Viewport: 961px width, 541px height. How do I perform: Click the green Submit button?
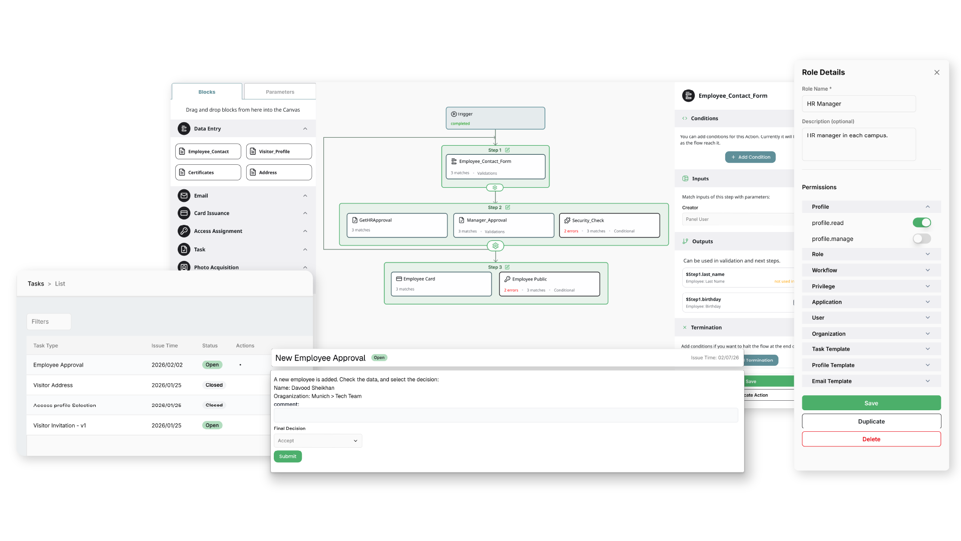(287, 456)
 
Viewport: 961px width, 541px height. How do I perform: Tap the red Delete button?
(871, 439)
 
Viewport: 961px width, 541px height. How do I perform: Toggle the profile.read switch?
(921, 223)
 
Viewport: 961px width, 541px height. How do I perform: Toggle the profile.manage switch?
(921, 239)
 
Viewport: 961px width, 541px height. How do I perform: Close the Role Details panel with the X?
(936, 73)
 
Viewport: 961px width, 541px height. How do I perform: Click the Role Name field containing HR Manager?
(858, 104)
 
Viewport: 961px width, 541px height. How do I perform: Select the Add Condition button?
(750, 157)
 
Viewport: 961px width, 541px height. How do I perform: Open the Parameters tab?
(280, 92)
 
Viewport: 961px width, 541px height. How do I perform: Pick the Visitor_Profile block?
(279, 151)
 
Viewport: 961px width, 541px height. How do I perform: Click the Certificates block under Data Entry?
(208, 172)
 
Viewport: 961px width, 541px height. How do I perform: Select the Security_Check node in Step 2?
(609, 225)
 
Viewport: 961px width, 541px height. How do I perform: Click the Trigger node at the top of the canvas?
(495, 118)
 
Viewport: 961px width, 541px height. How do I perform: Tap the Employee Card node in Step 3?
(441, 284)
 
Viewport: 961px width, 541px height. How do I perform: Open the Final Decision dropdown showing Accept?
(317, 441)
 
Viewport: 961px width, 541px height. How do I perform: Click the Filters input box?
(49, 322)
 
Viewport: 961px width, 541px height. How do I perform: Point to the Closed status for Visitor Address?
(214, 385)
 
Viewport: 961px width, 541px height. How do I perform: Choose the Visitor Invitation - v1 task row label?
(60, 425)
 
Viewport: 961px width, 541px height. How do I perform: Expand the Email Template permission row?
(871, 381)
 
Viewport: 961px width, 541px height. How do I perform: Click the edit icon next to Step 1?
(507, 150)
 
